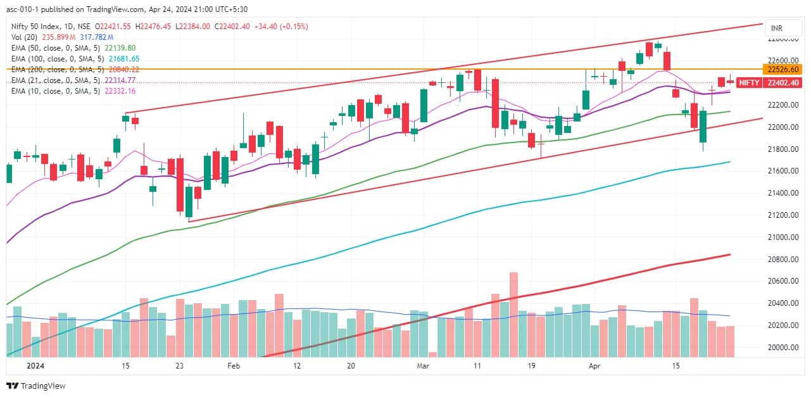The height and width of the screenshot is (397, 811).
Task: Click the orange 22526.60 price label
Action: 783,69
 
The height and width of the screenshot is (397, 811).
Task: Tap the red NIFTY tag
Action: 750,82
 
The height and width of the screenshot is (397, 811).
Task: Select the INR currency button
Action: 775,28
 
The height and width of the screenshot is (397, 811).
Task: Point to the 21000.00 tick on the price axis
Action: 783,237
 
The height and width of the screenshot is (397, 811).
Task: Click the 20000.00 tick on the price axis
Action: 783,347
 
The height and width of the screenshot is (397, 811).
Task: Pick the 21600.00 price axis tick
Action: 783,171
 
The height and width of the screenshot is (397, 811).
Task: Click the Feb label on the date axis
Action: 234,366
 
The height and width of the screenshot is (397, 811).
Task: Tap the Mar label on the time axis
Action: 422,366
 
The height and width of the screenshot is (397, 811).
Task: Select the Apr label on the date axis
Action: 594,366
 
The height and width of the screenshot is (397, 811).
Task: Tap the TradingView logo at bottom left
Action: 36,386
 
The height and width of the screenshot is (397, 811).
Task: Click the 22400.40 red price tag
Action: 783,82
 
